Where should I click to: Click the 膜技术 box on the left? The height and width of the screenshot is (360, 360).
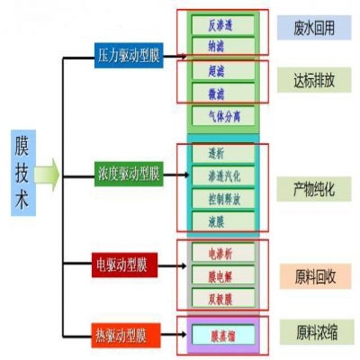[24, 174]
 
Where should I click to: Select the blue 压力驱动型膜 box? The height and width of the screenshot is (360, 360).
[128, 56]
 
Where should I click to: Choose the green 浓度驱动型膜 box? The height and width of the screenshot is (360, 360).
[128, 172]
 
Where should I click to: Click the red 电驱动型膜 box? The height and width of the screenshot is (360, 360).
[125, 265]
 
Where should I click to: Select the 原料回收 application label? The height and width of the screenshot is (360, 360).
[313, 275]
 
